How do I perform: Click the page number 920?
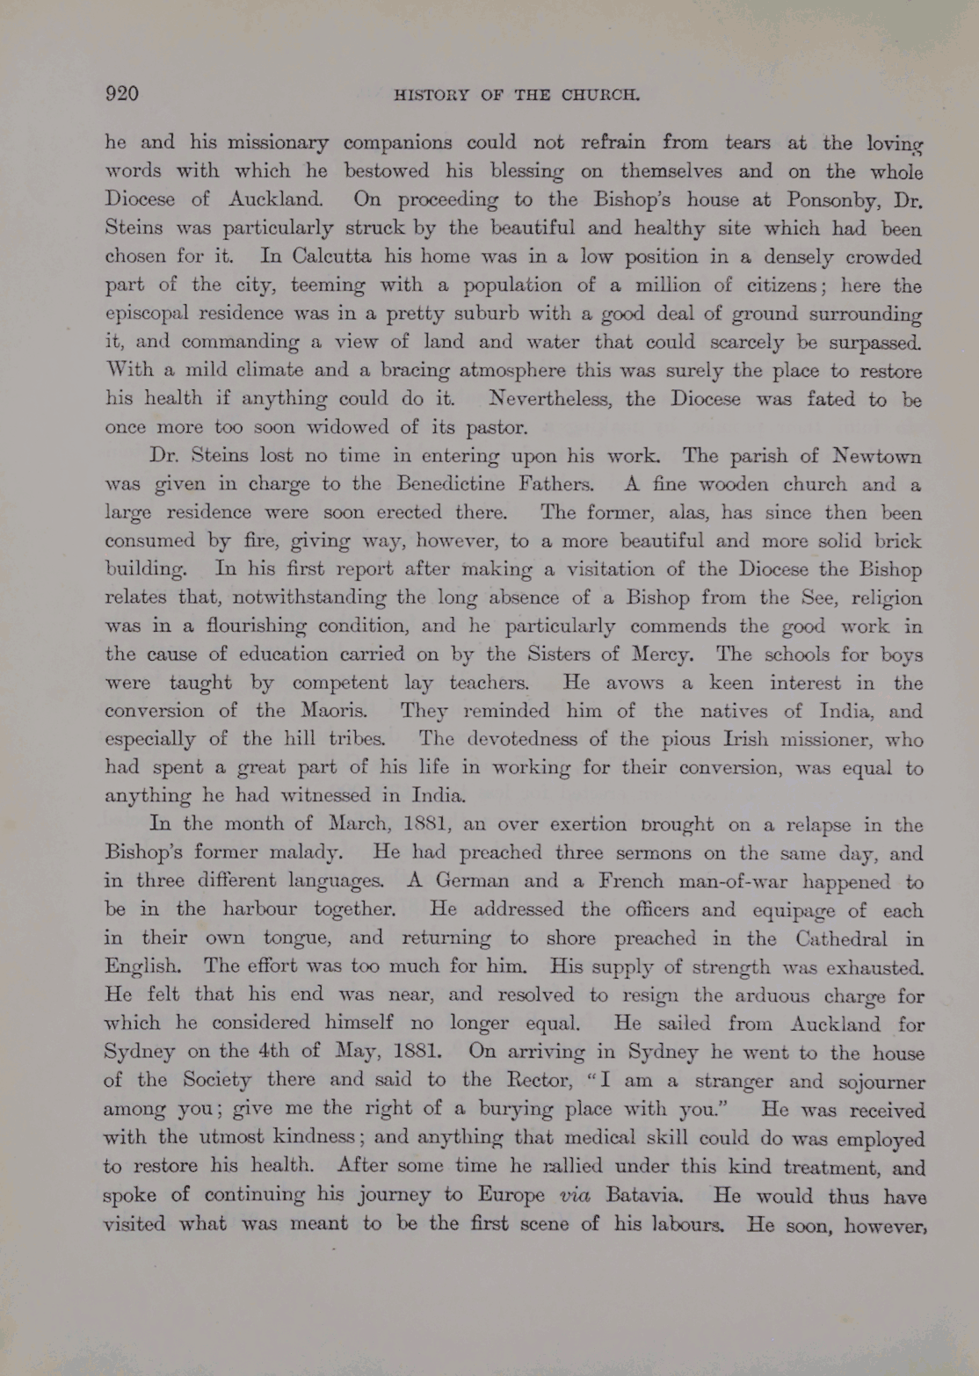[x=122, y=94]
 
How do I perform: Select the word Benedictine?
[x=451, y=484]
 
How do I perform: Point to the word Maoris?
[x=339, y=711]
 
